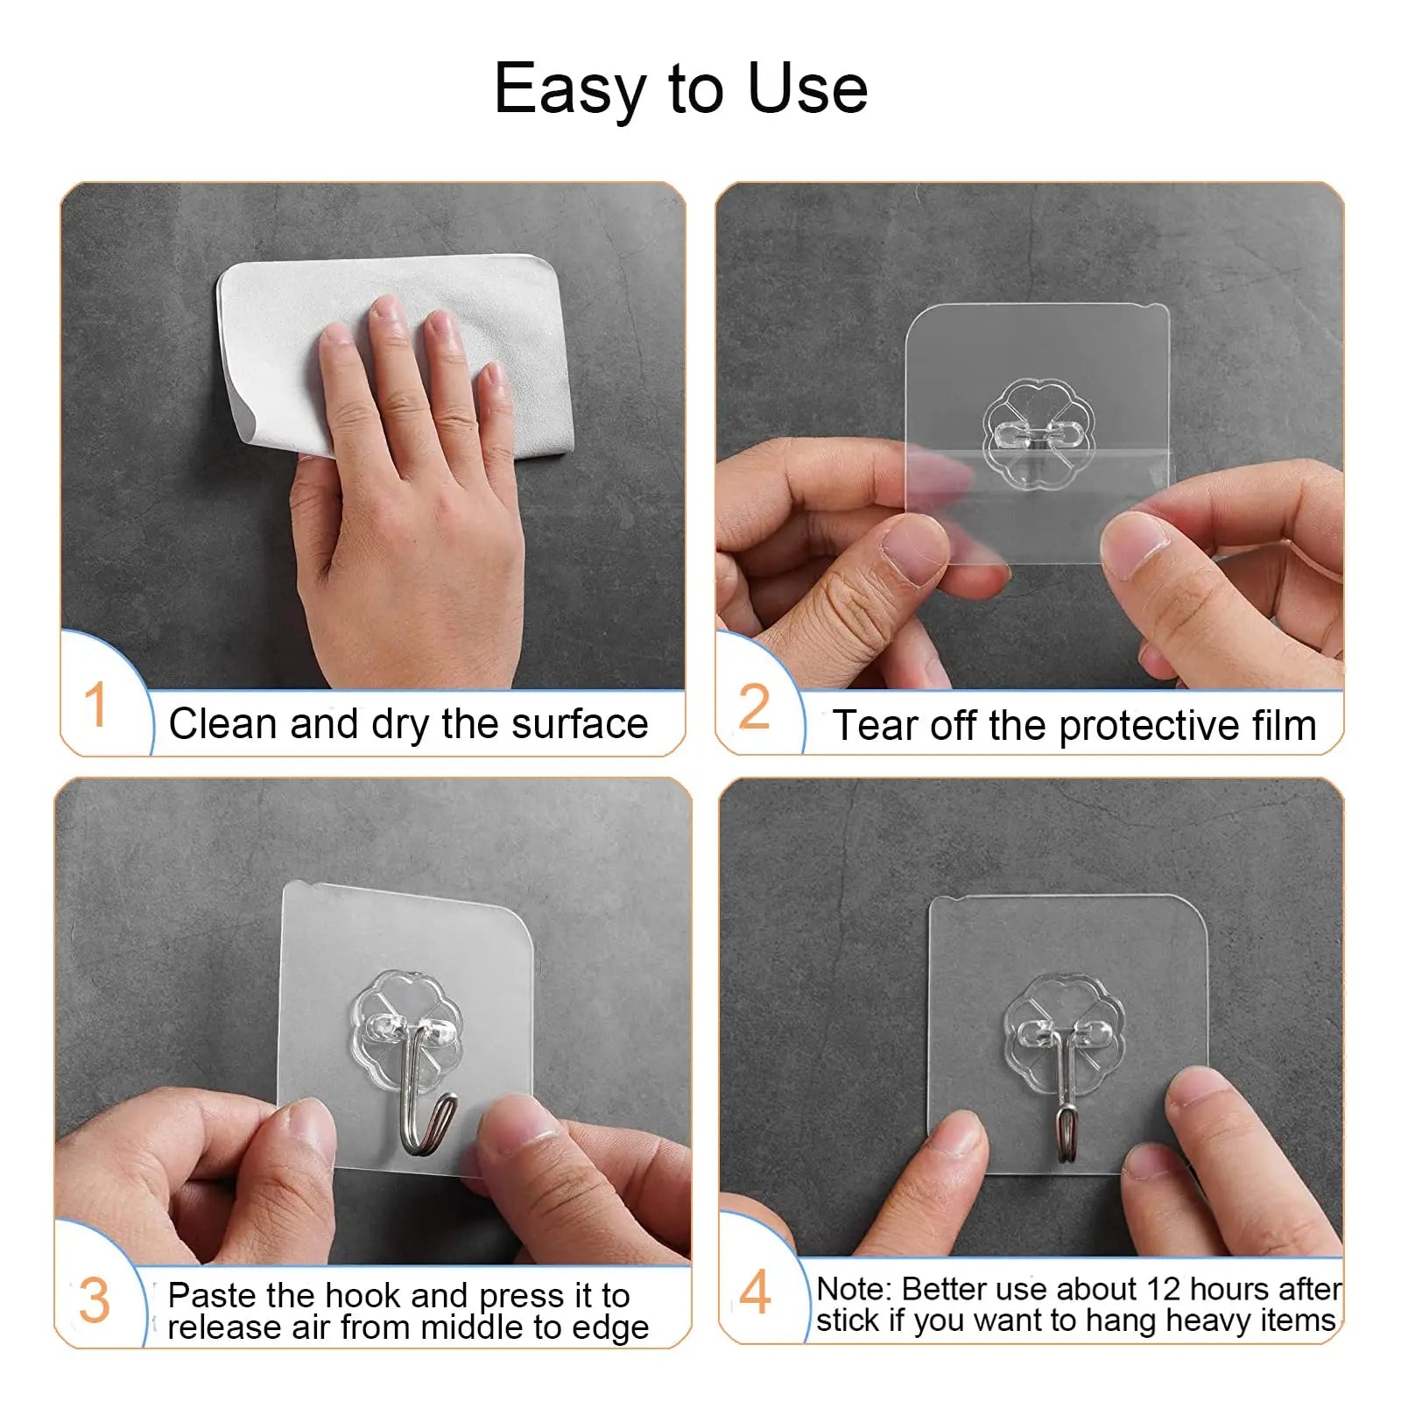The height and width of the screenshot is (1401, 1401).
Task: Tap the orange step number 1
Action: [95, 706]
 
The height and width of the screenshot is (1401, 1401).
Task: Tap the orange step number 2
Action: [754, 708]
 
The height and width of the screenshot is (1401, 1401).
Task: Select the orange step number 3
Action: [94, 1301]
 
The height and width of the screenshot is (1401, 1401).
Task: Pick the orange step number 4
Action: [755, 1293]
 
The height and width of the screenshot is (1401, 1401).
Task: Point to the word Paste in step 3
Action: [212, 1295]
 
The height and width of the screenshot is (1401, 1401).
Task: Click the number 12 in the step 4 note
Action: [1163, 1289]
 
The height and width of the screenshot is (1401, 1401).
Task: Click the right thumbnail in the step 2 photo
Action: [1134, 544]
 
